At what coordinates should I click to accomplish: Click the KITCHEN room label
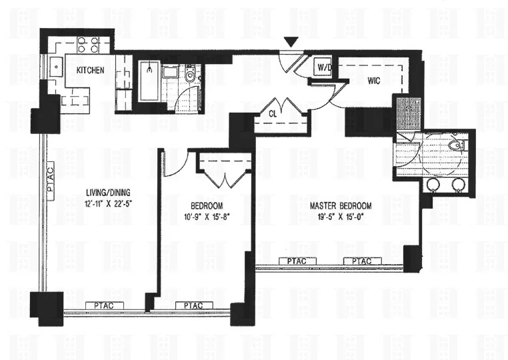coord(90,70)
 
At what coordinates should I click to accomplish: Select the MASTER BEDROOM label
coord(341,206)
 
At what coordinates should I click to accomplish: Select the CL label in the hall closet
coord(273,114)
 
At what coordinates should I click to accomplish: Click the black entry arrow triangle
coord(289,43)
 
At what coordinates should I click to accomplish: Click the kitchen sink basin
coord(57,67)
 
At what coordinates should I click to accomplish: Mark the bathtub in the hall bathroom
coord(149,80)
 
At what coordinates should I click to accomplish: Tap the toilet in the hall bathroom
coord(191,77)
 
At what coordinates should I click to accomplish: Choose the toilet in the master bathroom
coord(456,145)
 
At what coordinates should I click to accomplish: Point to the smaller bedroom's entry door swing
coord(175,165)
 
